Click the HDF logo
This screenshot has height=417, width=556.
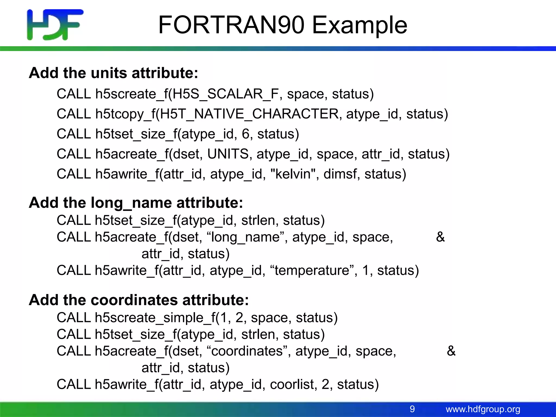tap(55, 25)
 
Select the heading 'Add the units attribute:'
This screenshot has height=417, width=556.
tap(113, 73)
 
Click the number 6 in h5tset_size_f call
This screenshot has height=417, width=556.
tap(245, 134)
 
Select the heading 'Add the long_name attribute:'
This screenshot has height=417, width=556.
tap(136, 203)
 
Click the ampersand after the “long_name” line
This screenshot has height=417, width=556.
tap(440, 237)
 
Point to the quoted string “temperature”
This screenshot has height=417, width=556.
tap(312, 270)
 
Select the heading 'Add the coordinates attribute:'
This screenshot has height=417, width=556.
tap(139, 300)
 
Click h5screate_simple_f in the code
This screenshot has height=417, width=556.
tap(155, 318)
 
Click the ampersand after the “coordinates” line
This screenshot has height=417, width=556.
tap(451, 351)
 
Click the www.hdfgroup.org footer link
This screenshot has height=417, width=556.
tap(483, 409)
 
